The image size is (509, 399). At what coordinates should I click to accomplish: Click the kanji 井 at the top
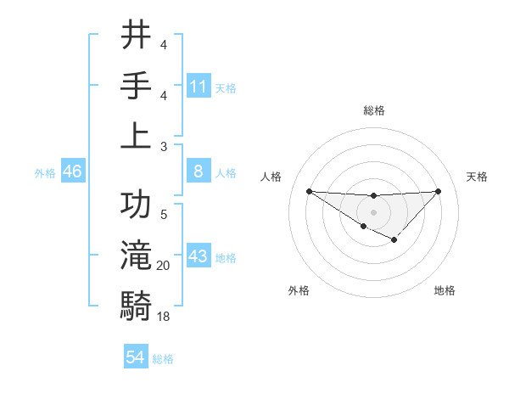136,37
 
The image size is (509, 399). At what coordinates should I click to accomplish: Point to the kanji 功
136,207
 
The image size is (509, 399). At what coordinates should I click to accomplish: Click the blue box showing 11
199,86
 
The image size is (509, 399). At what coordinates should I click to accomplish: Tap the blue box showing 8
199,171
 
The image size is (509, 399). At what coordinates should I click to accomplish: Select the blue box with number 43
199,256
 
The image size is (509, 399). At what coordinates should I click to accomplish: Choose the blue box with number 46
73,171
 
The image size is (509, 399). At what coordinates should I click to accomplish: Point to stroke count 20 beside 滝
164,266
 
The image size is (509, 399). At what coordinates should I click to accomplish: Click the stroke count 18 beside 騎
164,316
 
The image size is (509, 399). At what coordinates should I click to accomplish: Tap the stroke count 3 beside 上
164,145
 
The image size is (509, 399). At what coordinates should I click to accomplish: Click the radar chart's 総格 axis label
373,110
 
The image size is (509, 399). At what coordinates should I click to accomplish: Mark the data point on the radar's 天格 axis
438,191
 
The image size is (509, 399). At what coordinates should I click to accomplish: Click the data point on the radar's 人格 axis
309,191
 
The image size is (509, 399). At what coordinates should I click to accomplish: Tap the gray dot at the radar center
373,211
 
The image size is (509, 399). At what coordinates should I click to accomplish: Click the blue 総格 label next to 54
163,358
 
